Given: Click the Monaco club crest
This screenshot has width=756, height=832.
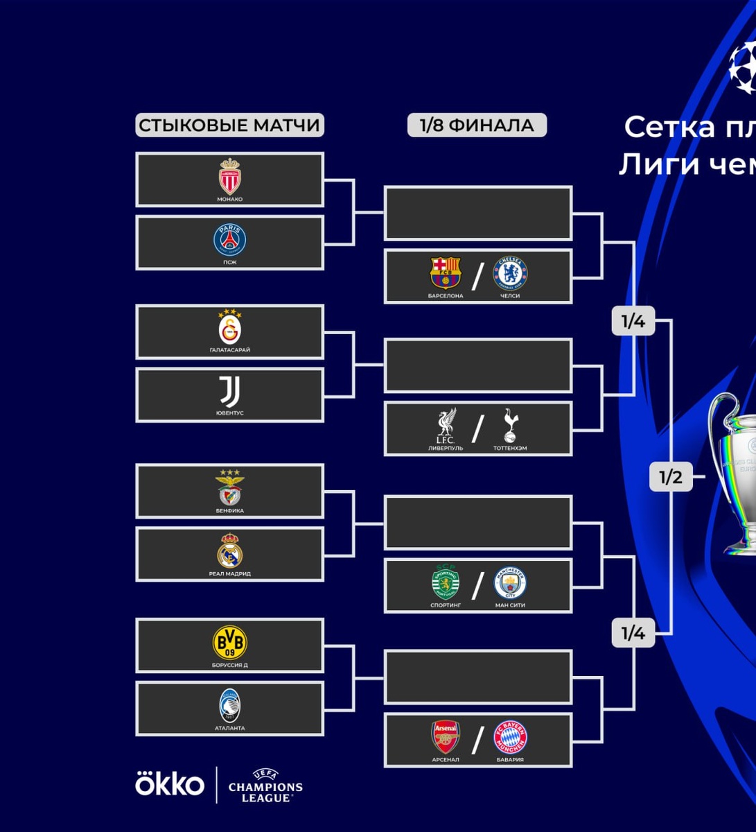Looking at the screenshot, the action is tap(229, 176).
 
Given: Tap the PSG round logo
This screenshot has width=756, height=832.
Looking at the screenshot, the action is tap(229, 240).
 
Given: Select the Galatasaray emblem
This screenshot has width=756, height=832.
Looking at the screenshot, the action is tap(229, 328).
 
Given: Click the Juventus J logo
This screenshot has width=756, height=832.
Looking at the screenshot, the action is tap(229, 392).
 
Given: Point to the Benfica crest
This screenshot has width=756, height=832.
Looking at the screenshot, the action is tap(229, 487).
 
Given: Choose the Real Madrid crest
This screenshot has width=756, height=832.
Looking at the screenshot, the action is tap(229, 551).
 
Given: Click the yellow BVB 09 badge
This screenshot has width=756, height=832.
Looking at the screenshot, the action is tap(229, 643).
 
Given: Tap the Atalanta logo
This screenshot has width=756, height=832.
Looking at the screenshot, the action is tap(229, 706).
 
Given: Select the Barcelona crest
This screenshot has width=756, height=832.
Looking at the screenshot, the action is tap(446, 273).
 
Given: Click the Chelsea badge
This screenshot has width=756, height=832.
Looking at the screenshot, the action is tap(510, 273).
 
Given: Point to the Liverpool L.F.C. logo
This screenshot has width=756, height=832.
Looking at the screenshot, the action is tap(446, 426).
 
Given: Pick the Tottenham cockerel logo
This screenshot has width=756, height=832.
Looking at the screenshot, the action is tap(510, 426).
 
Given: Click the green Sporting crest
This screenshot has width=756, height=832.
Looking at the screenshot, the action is tap(446, 583).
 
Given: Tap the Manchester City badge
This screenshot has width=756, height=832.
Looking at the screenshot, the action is tap(510, 583).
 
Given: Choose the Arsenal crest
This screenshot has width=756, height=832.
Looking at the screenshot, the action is tap(446, 737).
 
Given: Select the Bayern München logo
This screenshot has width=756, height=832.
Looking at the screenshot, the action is tap(510, 737).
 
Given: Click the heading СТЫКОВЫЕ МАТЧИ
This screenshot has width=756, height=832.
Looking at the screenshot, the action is tap(229, 125).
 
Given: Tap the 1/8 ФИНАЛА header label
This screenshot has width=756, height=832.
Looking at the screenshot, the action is tap(477, 125).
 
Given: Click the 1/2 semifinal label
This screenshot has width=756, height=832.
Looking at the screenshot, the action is tap(671, 477).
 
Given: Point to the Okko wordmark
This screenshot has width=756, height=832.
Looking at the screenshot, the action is tap(170, 784).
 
